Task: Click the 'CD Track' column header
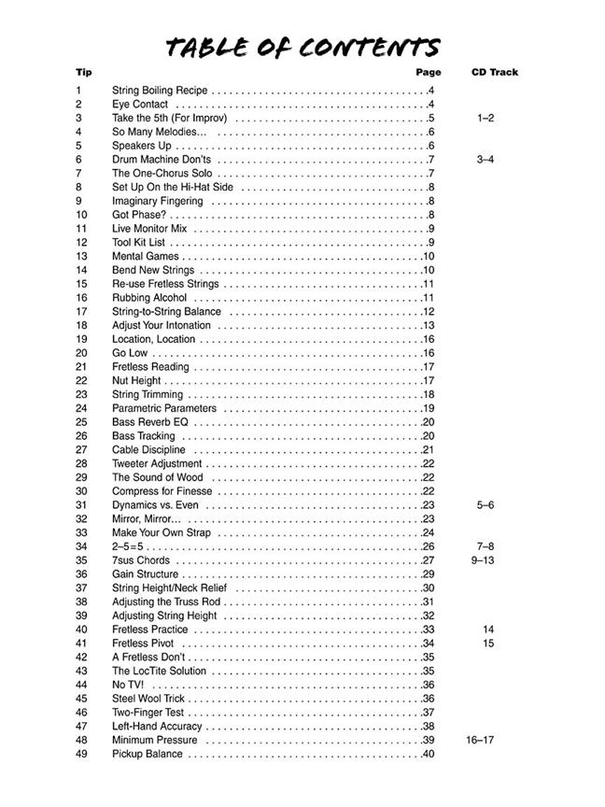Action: (494, 72)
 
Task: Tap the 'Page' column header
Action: (429, 72)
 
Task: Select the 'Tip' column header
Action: (84, 72)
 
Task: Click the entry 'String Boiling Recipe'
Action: (160, 91)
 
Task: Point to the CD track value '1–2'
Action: (485, 119)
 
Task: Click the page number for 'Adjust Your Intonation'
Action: (429, 325)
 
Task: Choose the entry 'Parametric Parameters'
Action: (164, 408)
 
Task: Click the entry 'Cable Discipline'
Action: (148, 449)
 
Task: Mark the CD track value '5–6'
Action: (485, 504)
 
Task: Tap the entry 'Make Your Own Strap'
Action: (162, 532)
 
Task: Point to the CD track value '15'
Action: (488, 644)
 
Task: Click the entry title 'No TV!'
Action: (128, 685)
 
